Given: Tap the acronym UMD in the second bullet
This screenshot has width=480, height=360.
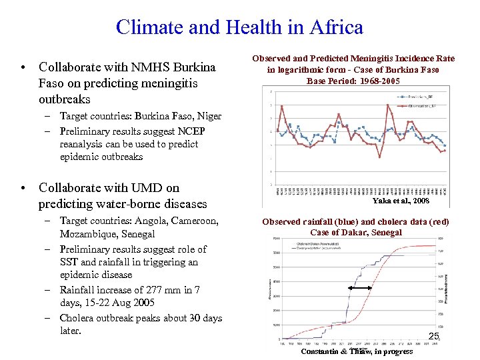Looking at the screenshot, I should [147, 188].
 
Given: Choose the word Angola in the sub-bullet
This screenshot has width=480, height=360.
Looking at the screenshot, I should [151, 221].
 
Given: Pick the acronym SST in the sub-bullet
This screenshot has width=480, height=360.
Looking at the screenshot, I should [70, 262].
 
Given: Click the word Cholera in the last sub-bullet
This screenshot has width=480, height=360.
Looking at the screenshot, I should [77, 318].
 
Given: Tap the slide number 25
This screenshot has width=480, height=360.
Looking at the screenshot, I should [433, 337].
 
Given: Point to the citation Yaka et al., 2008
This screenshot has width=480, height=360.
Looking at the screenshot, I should [401, 201].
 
